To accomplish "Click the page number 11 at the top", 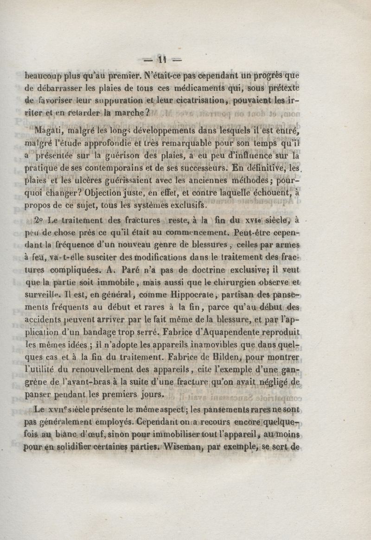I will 161,59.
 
